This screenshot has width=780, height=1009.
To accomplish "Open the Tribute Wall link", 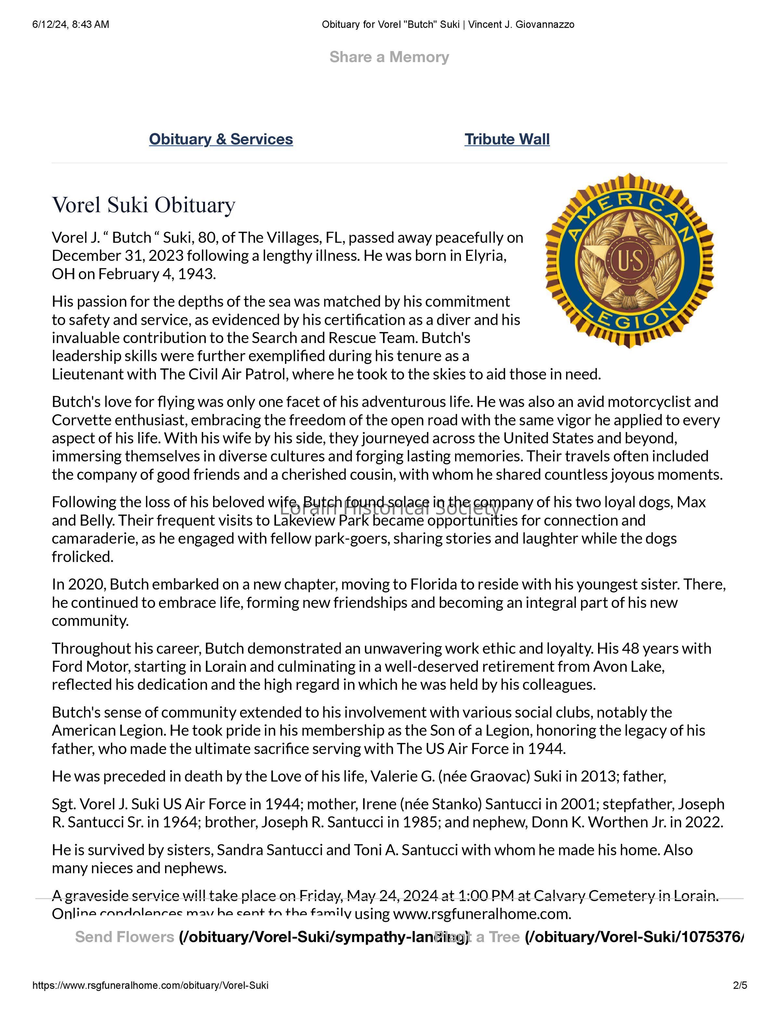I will click(x=507, y=139).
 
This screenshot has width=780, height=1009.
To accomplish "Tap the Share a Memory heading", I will click(x=389, y=57).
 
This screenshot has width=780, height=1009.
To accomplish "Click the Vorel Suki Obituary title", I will click(x=143, y=205).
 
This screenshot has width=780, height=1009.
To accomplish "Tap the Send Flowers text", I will click(x=124, y=937).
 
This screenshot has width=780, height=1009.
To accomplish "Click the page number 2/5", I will click(x=740, y=985).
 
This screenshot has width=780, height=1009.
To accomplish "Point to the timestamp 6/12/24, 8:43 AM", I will click(x=71, y=24).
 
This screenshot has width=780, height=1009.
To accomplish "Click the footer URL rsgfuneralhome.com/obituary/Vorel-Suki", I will click(x=150, y=985).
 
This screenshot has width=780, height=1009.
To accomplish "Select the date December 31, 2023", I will click(x=117, y=255).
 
